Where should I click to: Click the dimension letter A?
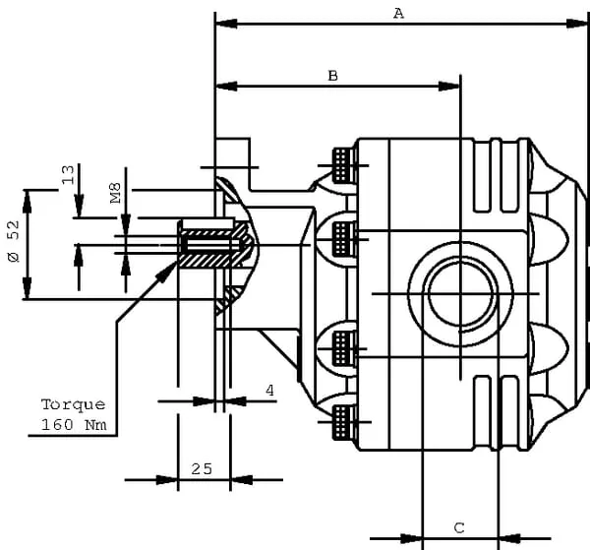click(398, 12)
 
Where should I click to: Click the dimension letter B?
click(332, 75)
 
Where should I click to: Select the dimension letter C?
click(459, 527)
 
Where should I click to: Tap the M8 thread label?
click(116, 192)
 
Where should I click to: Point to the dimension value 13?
click(68, 175)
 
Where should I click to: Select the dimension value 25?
click(202, 468)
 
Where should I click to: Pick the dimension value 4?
click(270, 391)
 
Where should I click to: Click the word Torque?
click(73, 404)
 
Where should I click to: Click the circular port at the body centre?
click(459, 294)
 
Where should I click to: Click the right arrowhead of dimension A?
click(582, 23)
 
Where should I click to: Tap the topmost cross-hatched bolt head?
click(343, 163)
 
